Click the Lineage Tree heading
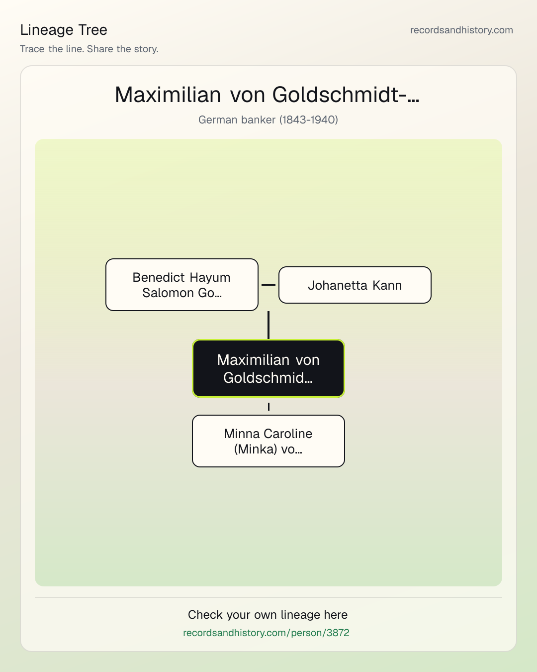(x=64, y=30)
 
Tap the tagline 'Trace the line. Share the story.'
(x=89, y=49)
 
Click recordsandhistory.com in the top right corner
(x=461, y=30)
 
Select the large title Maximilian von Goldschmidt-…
(x=268, y=95)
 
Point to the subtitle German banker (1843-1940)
(x=268, y=120)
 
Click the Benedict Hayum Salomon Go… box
(x=182, y=285)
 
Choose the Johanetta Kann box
(x=355, y=285)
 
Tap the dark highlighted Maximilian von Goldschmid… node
(x=268, y=368)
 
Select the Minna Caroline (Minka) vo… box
(x=268, y=441)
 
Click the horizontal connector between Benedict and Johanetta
(x=268, y=285)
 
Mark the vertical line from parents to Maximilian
(x=268, y=325)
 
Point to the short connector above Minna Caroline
(x=268, y=407)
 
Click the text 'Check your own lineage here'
(x=268, y=615)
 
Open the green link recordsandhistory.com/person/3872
(x=266, y=633)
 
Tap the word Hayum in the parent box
(x=210, y=278)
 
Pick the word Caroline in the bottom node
(x=288, y=434)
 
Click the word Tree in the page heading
(x=92, y=30)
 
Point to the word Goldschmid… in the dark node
(x=268, y=378)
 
